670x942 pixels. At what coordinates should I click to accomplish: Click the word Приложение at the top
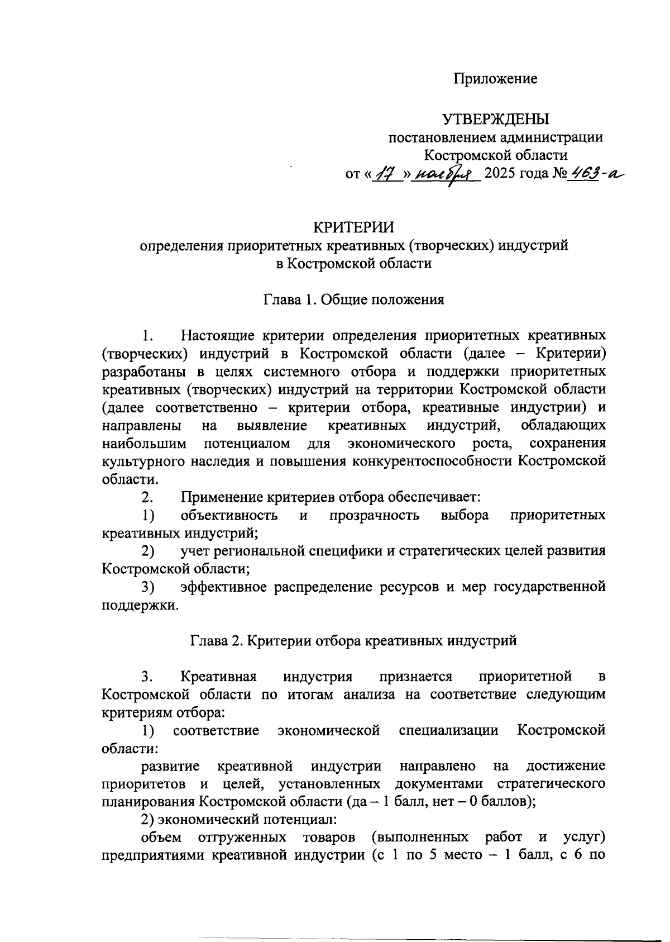click(x=495, y=79)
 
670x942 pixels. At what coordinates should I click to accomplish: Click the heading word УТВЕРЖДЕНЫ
click(x=496, y=119)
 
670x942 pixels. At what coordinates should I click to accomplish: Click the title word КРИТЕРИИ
click(x=353, y=227)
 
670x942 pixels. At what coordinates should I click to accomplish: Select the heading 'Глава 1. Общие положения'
click(x=353, y=299)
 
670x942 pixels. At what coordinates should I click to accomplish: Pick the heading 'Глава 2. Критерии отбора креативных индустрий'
click(x=353, y=640)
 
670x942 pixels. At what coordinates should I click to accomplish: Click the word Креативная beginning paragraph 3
click(x=218, y=677)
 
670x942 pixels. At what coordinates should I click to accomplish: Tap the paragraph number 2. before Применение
click(x=147, y=497)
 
